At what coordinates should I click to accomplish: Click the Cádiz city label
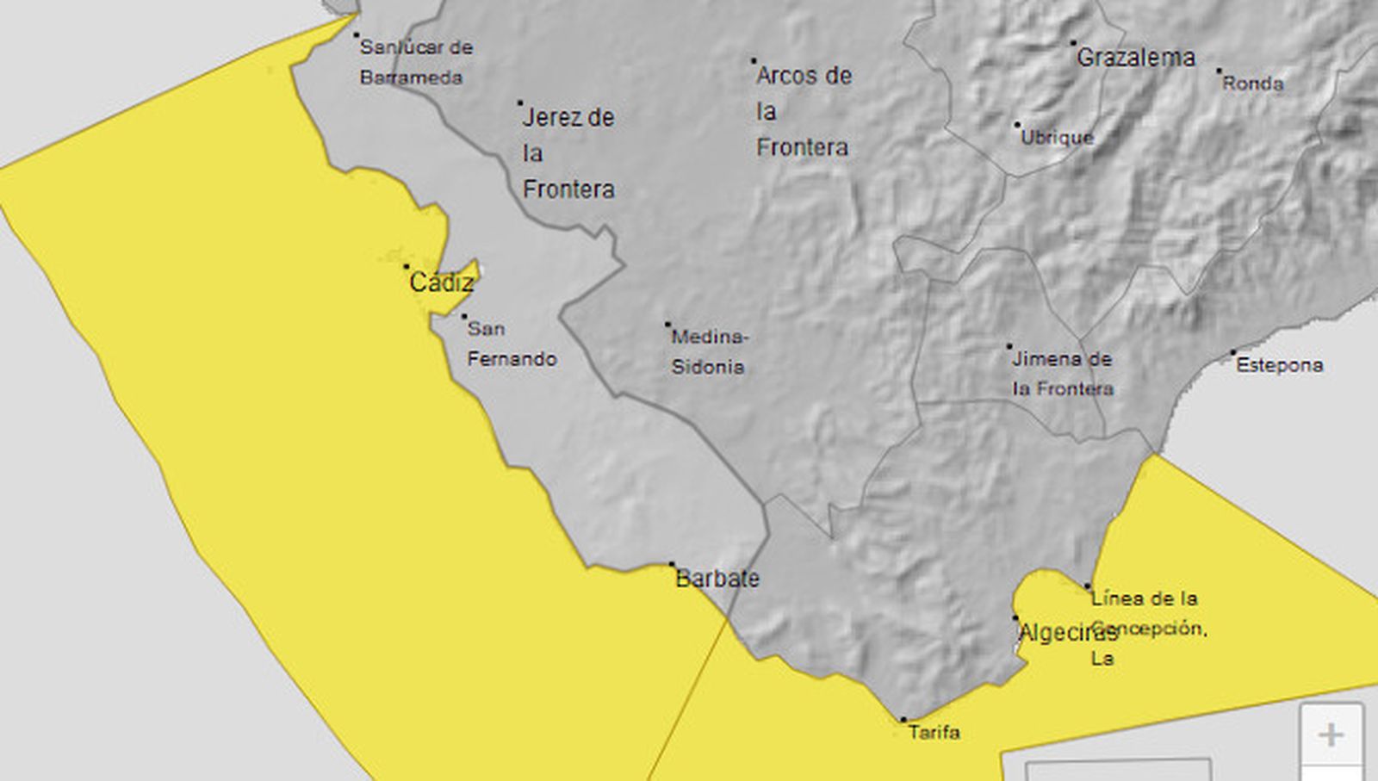coord(441,282)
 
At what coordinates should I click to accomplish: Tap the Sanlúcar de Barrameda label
coord(415,62)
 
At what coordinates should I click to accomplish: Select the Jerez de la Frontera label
coord(568,153)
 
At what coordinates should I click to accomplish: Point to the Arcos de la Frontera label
coord(803,111)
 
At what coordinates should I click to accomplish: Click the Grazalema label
coord(1136,58)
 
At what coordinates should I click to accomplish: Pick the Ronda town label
coord(1253,84)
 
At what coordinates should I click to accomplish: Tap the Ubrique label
coord(1057,137)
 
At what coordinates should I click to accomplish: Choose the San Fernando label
coord(512,344)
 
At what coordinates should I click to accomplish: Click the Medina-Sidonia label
coord(709,351)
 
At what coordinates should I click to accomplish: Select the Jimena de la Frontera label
coord(1062,374)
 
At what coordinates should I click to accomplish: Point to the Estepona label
coord(1279,365)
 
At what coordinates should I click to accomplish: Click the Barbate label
coord(717,579)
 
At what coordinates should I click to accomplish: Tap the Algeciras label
coord(1067,633)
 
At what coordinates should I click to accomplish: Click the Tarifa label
coord(934,733)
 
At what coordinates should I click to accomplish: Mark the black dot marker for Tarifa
coord(903,719)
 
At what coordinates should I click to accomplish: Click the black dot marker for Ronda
coord(1219,71)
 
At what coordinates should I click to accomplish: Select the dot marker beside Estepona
coord(1232,352)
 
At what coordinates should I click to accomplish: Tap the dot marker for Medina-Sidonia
coord(667,325)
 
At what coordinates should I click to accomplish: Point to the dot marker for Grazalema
coord(1073,42)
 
